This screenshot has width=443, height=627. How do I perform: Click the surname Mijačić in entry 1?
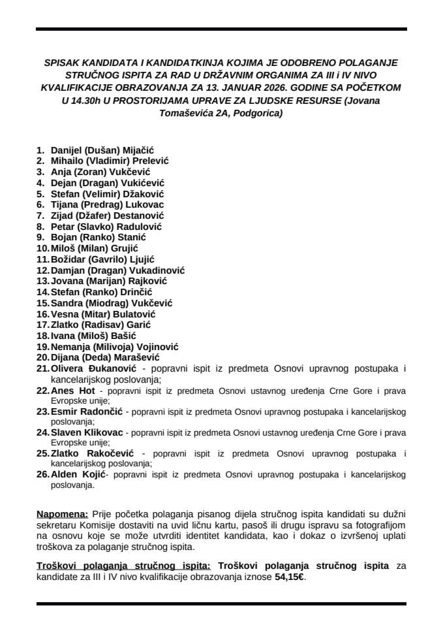tap(136, 150)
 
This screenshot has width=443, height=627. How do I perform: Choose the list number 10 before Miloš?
tap(42, 248)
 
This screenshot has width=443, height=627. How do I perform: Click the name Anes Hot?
tap(69, 391)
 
